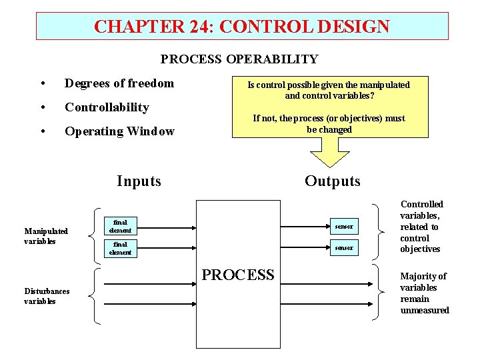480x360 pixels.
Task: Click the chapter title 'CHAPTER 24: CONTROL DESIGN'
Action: pyautogui.click(x=241, y=27)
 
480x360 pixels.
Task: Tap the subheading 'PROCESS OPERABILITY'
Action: pyautogui.click(x=239, y=59)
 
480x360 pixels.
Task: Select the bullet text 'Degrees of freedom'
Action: pyautogui.click(x=119, y=83)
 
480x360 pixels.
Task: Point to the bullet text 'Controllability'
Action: pyautogui.click(x=107, y=107)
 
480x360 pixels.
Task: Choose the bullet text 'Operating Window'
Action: pyautogui.click(x=119, y=131)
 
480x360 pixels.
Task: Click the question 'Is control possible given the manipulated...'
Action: pyautogui.click(x=329, y=90)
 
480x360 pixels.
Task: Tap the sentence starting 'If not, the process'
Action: pyautogui.click(x=329, y=123)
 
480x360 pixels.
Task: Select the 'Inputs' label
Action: pyautogui.click(x=139, y=181)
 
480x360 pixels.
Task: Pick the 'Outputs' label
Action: pyautogui.click(x=332, y=181)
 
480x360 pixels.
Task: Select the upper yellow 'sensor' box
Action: pyautogui.click(x=345, y=227)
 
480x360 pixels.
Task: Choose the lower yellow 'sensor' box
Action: pyautogui.click(x=345, y=248)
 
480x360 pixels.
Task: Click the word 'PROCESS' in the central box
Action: pyautogui.click(x=238, y=275)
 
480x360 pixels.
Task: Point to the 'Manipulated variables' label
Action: pyautogui.click(x=46, y=236)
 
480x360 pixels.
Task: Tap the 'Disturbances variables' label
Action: pyautogui.click(x=47, y=296)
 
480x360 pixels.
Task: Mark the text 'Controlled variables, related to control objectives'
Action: pyautogui.click(x=421, y=227)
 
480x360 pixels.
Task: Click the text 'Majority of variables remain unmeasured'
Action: pyautogui.click(x=424, y=293)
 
